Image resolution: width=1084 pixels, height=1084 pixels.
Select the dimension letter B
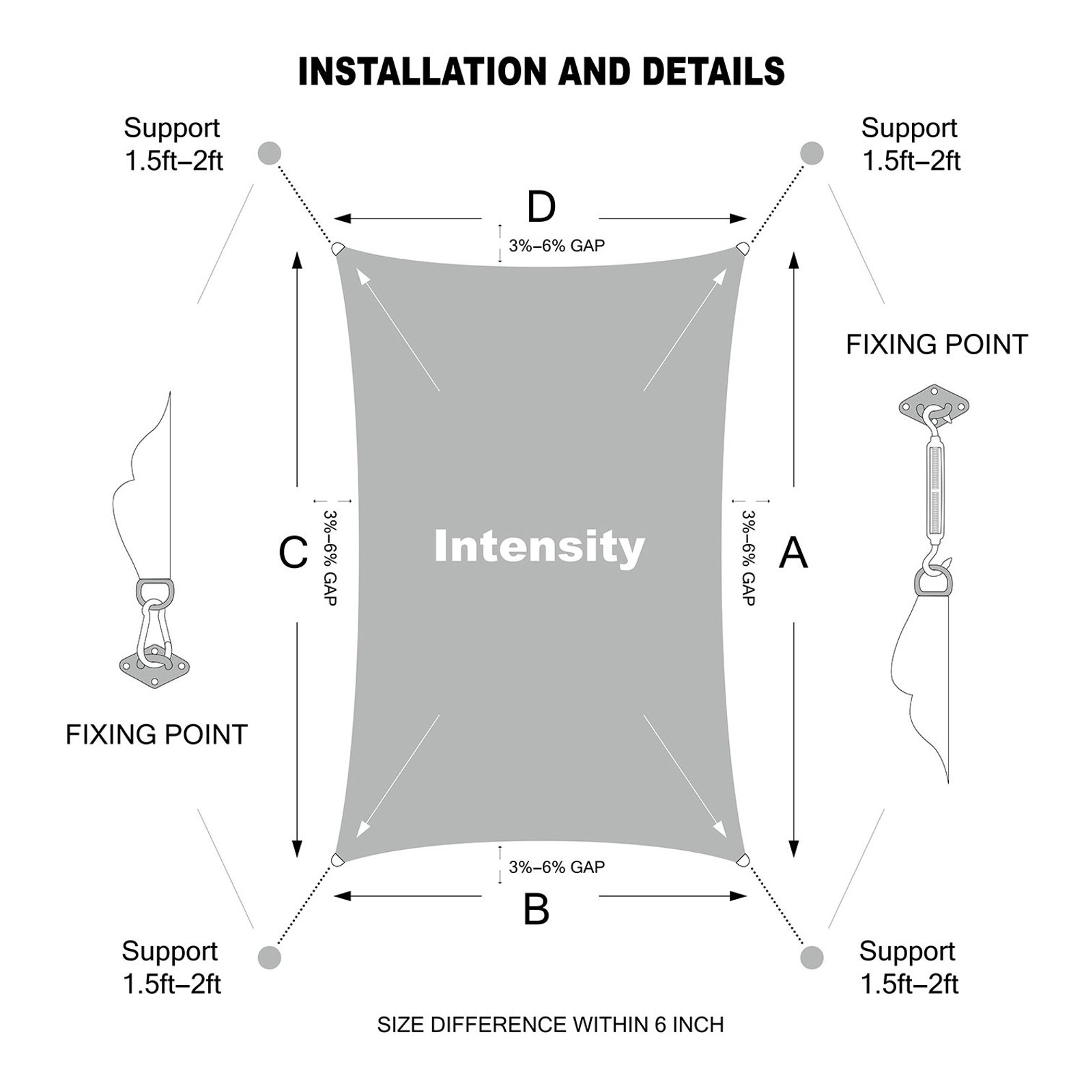point(536,909)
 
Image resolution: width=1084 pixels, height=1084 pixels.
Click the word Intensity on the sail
point(539,547)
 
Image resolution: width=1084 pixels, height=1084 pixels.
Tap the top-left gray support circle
point(270,153)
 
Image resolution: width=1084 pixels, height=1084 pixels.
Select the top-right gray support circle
point(812,153)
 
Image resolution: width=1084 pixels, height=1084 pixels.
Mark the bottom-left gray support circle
point(270,957)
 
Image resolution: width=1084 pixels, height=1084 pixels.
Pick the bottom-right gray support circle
point(812,957)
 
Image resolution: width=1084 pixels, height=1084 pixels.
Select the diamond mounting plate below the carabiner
point(154,664)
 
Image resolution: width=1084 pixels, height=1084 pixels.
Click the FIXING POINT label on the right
point(937,345)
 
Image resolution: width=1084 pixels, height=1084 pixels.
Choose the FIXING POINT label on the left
point(156,734)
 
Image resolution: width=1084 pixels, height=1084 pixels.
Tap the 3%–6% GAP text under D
point(557,246)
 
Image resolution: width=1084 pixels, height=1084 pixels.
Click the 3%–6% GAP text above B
point(557,867)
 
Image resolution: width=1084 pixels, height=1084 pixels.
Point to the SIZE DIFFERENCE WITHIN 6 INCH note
point(551,1025)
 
